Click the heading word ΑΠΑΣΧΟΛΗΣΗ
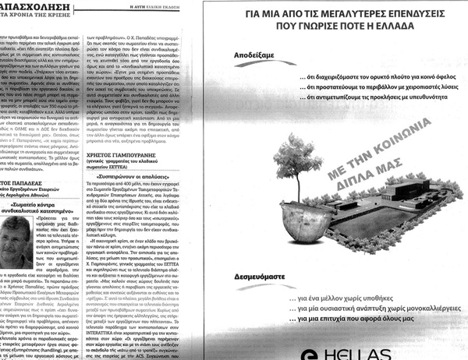(30, 4)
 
